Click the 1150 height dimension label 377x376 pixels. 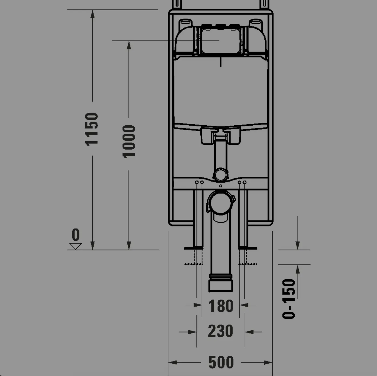click(92, 129)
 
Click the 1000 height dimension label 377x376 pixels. click(129, 141)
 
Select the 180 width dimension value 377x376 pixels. click(221, 306)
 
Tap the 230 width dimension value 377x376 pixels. click(220, 331)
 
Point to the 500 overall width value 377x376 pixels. click(221, 362)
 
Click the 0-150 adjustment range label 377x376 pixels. click(289, 299)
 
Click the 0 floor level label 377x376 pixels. click(76, 234)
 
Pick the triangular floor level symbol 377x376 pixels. click(76, 246)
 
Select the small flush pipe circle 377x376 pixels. click(221, 174)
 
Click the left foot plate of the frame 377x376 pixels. click(194, 248)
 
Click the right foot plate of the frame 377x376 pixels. click(248, 248)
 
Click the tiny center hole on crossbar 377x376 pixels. click(221, 186)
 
